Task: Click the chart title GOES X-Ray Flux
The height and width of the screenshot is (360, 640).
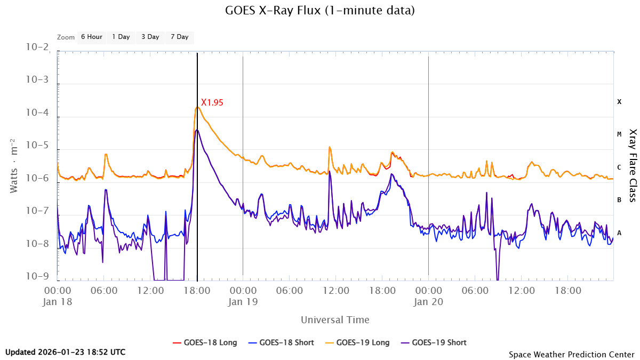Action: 319,10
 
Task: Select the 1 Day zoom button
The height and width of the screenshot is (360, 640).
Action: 121,37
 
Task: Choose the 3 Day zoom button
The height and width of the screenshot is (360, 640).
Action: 150,37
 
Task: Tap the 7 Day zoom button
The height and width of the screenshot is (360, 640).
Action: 179,37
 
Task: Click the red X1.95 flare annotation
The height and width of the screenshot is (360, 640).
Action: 212,102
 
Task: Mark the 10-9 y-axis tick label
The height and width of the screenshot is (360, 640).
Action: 37,277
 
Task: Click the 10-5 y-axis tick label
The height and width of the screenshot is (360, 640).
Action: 37,146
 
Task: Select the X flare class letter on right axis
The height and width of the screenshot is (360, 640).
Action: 619,101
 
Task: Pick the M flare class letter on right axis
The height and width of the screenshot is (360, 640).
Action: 619,134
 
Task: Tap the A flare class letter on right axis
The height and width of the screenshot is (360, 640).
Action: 619,233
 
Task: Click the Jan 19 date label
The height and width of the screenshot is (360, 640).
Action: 243,301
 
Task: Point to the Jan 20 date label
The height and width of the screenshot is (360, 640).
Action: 429,301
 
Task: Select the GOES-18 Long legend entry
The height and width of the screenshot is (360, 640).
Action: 205,342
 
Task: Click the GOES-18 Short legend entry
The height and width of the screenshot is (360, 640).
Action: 282,342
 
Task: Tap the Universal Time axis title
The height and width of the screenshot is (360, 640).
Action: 335,320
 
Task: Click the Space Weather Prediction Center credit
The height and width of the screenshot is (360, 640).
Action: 571,354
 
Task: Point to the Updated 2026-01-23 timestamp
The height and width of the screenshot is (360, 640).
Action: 66,352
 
